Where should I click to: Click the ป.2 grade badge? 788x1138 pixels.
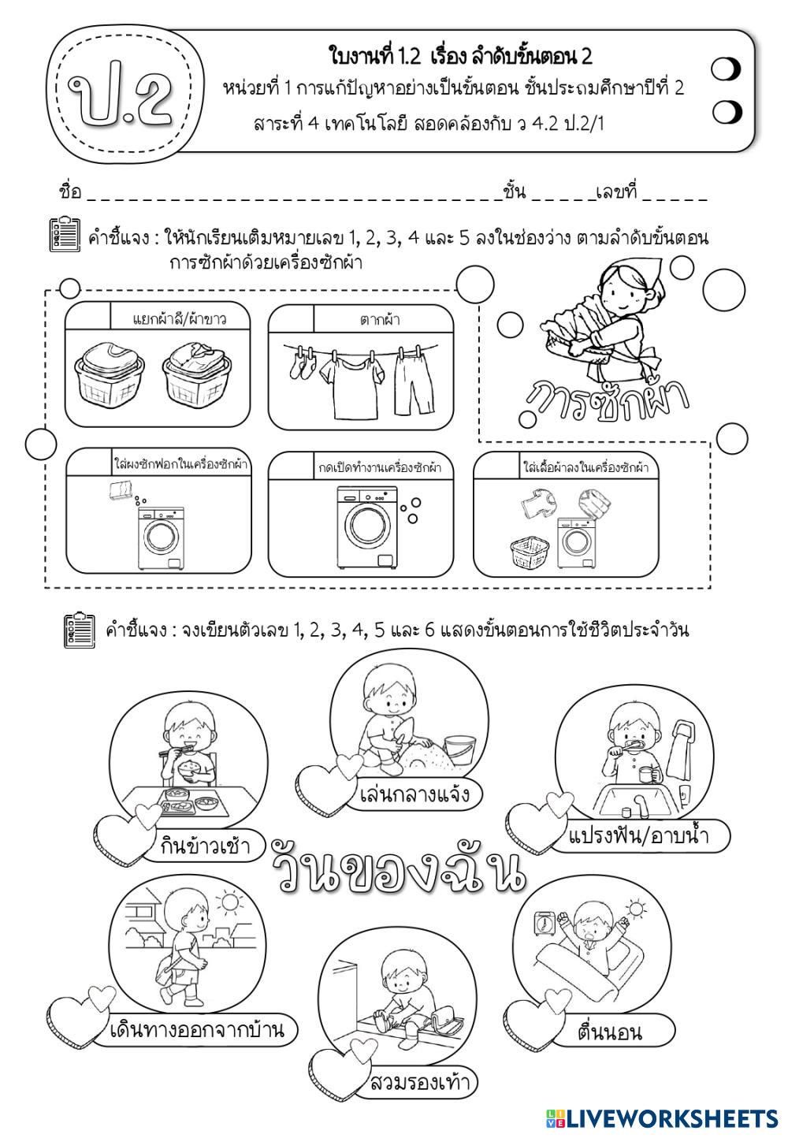coord(121,92)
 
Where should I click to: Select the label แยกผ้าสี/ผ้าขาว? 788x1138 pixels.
coord(180,319)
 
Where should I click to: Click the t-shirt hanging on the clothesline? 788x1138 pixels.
coord(348,383)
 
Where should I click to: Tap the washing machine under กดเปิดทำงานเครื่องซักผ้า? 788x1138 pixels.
coord(368,527)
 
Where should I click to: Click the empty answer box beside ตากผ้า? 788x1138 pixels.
coord(291,318)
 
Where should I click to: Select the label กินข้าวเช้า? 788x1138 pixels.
coord(203,846)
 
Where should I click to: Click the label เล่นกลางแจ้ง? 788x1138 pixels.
coord(414,793)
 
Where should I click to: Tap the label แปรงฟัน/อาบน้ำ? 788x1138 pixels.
coord(637,835)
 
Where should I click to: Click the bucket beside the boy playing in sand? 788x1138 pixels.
coord(457,752)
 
